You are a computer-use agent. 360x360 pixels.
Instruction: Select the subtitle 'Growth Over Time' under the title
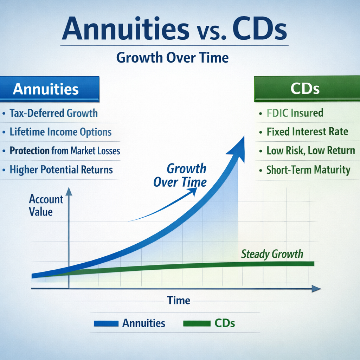172,58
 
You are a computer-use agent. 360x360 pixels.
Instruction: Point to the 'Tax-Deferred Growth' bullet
53,113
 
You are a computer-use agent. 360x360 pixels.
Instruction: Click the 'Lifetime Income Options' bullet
60,132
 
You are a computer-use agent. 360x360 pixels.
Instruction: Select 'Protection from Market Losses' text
65,151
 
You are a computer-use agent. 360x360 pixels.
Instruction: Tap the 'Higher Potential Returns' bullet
61,170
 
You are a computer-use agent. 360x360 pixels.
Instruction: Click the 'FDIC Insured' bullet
295,113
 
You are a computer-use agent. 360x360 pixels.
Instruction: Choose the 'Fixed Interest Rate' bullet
307,132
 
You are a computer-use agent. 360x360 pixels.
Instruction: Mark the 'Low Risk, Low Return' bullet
311,151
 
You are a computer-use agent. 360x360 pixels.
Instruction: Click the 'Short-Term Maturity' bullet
308,170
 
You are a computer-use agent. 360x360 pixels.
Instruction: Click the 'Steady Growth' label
272,254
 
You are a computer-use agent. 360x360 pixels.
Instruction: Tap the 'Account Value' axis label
46,205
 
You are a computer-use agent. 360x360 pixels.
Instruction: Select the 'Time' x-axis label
179,301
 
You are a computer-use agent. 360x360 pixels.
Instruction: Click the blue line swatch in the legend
106,323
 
